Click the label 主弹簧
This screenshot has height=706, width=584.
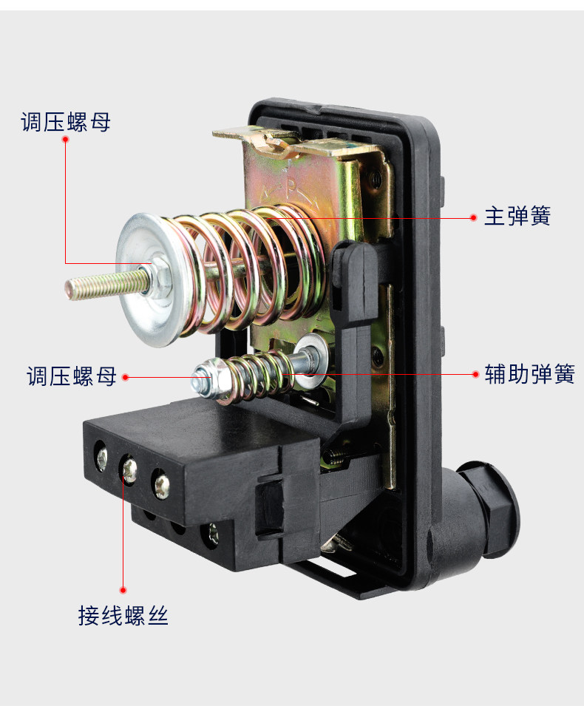tap(517, 216)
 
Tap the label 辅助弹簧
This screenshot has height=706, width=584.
tap(529, 374)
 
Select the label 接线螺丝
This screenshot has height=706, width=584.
tap(123, 616)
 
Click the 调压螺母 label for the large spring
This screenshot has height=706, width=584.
tap(66, 122)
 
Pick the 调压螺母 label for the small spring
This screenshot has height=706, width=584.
tap(72, 376)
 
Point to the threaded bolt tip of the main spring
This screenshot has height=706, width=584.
tap(69, 289)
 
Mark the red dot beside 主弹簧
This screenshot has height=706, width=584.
tap(473, 217)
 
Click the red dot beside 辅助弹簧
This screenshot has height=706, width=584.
tap(475, 374)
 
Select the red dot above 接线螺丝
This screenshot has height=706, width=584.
tap(123, 590)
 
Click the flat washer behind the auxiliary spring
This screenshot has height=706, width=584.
tap(310, 356)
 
